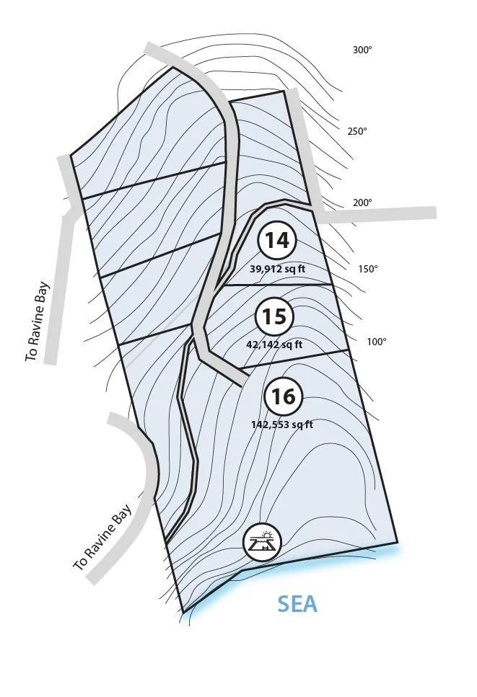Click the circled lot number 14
(x=277, y=240)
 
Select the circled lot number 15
(x=274, y=316)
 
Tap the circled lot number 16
(x=284, y=396)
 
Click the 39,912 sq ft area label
(x=278, y=268)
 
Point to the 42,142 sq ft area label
(x=274, y=345)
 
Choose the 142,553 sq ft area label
(x=282, y=425)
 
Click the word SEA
(x=297, y=604)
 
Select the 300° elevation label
(x=362, y=50)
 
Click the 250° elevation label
(x=357, y=131)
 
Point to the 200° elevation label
(x=362, y=203)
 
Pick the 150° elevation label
(x=368, y=269)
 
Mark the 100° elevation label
(x=377, y=342)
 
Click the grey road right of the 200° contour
(x=390, y=213)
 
